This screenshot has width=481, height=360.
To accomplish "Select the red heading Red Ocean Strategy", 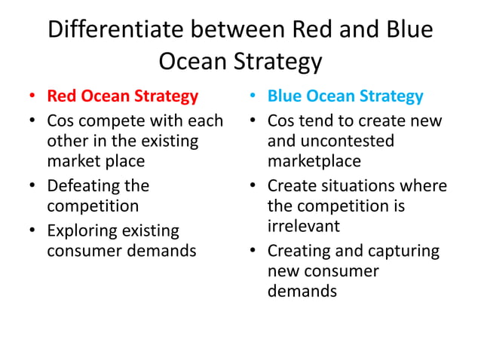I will pyautogui.click(x=123, y=96).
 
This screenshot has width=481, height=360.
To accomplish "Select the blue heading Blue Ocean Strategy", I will pyautogui.click(x=345, y=96).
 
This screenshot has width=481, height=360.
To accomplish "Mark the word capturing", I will pyautogui.click(x=403, y=250).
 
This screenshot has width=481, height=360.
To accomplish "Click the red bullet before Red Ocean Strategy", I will pyautogui.click(x=31, y=97).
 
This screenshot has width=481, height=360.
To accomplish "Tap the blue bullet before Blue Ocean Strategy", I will pyautogui.click(x=252, y=97).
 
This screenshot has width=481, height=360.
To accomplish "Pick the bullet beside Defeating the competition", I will pyautogui.click(x=31, y=186).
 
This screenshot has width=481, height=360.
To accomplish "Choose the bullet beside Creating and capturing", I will pyautogui.click(x=252, y=251).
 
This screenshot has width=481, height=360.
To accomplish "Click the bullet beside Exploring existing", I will pyautogui.click(x=31, y=230).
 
